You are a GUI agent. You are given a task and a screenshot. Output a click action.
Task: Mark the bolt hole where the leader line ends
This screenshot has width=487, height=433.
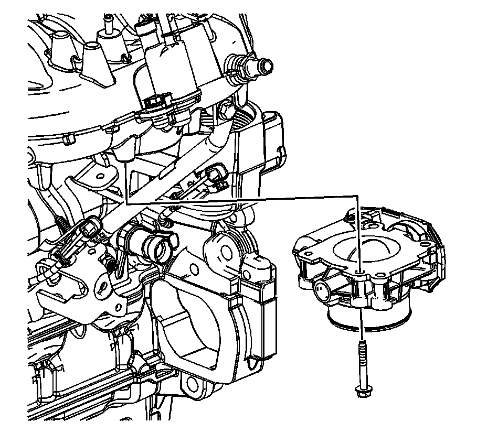(358, 270)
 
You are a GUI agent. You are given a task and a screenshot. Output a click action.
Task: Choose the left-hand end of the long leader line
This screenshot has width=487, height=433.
(126, 202)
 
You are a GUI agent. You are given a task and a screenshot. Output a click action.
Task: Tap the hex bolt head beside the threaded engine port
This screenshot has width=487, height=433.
(224, 110)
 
